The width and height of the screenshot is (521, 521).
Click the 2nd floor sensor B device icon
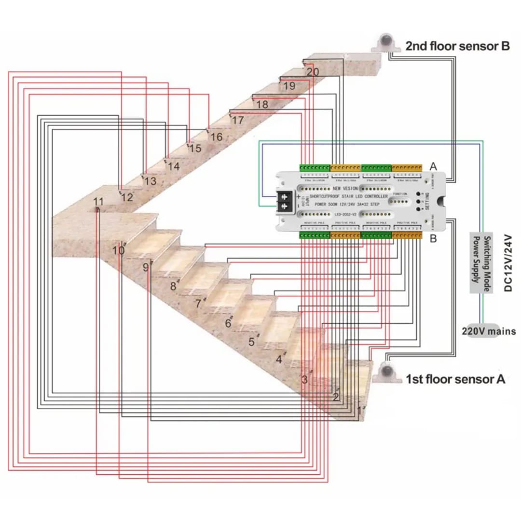(385, 43)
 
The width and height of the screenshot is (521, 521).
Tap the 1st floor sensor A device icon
(387, 372)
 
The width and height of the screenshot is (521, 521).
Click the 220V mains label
(489, 331)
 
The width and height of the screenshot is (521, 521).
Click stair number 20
(312, 71)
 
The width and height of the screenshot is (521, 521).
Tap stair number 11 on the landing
(98, 202)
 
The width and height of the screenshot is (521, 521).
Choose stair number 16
(217, 137)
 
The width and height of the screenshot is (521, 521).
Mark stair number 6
(228, 323)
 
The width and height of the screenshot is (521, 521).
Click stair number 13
(150, 181)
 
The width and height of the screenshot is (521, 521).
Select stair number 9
(146, 267)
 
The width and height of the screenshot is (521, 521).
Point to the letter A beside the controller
(433, 166)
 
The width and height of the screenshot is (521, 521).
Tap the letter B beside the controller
(433, 238)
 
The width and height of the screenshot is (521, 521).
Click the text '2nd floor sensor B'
(457, 46)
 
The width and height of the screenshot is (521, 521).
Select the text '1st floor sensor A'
(455, 379)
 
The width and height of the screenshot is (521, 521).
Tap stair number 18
(262, 105)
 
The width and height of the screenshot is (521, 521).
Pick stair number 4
(278, 359)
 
